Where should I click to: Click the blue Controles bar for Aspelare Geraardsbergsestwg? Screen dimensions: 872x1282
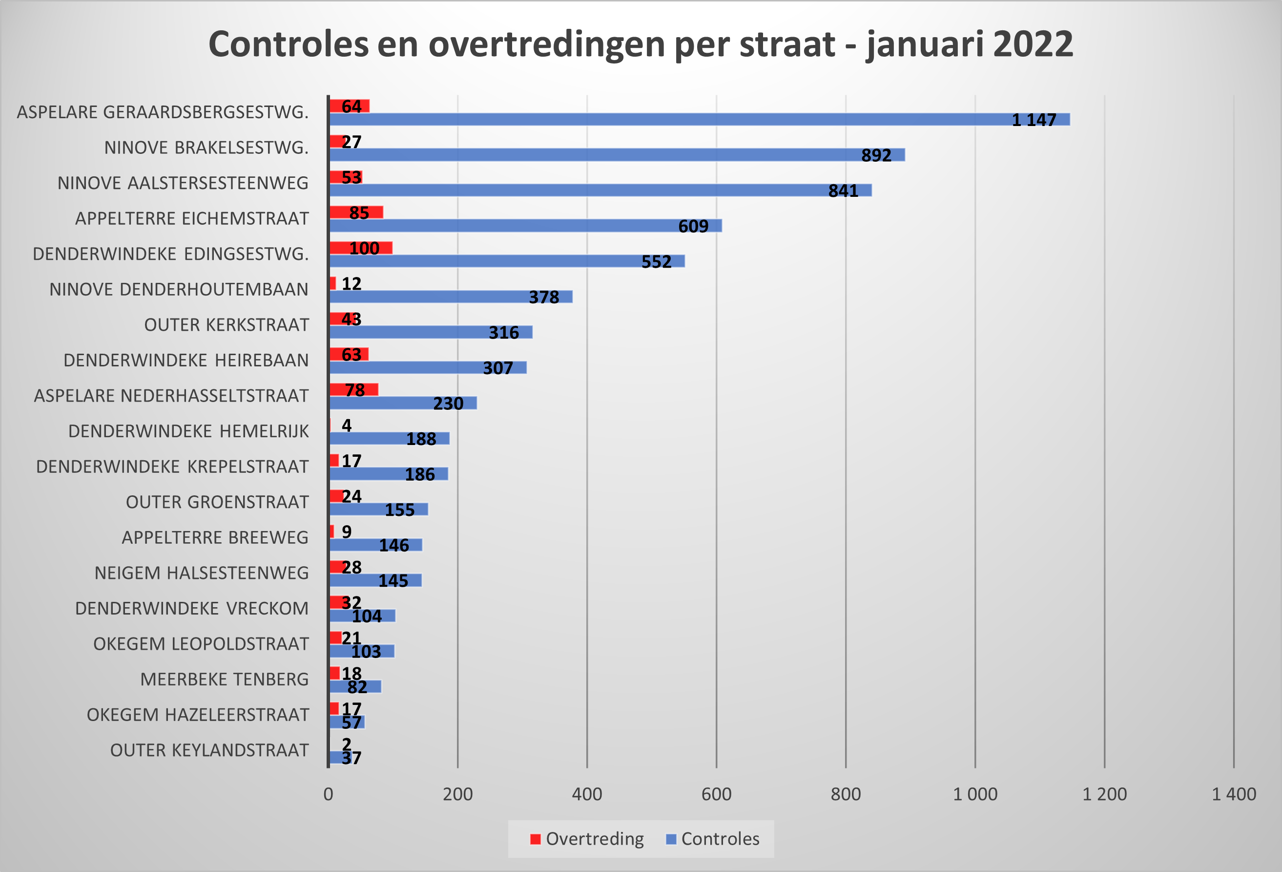[662, 119]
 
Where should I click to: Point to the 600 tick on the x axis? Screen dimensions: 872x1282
[716, 794]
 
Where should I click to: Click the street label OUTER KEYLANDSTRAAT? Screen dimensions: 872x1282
[209, 750]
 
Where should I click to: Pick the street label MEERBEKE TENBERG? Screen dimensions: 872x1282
[224, 680]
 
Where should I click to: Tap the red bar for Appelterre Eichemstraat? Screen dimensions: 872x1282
[356, 213]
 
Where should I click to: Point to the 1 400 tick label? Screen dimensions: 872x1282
[1234, 794]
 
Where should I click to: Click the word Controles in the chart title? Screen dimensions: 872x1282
[288, 44]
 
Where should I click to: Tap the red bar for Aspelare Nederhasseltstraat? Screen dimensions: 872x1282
[353, 390]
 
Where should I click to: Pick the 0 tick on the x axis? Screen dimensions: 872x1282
[328, 794]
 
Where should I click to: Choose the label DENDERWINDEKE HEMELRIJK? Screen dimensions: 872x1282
[188, 431]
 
